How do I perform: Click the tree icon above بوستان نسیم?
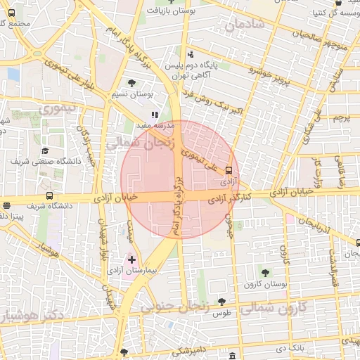(132, 84)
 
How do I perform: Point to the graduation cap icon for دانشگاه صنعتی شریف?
(44, 150)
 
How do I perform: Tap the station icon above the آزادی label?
(229, 170)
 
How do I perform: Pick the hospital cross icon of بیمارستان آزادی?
(131, 260)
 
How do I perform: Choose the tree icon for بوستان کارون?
(264, 273)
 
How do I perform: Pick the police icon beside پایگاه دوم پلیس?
(191, 55)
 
